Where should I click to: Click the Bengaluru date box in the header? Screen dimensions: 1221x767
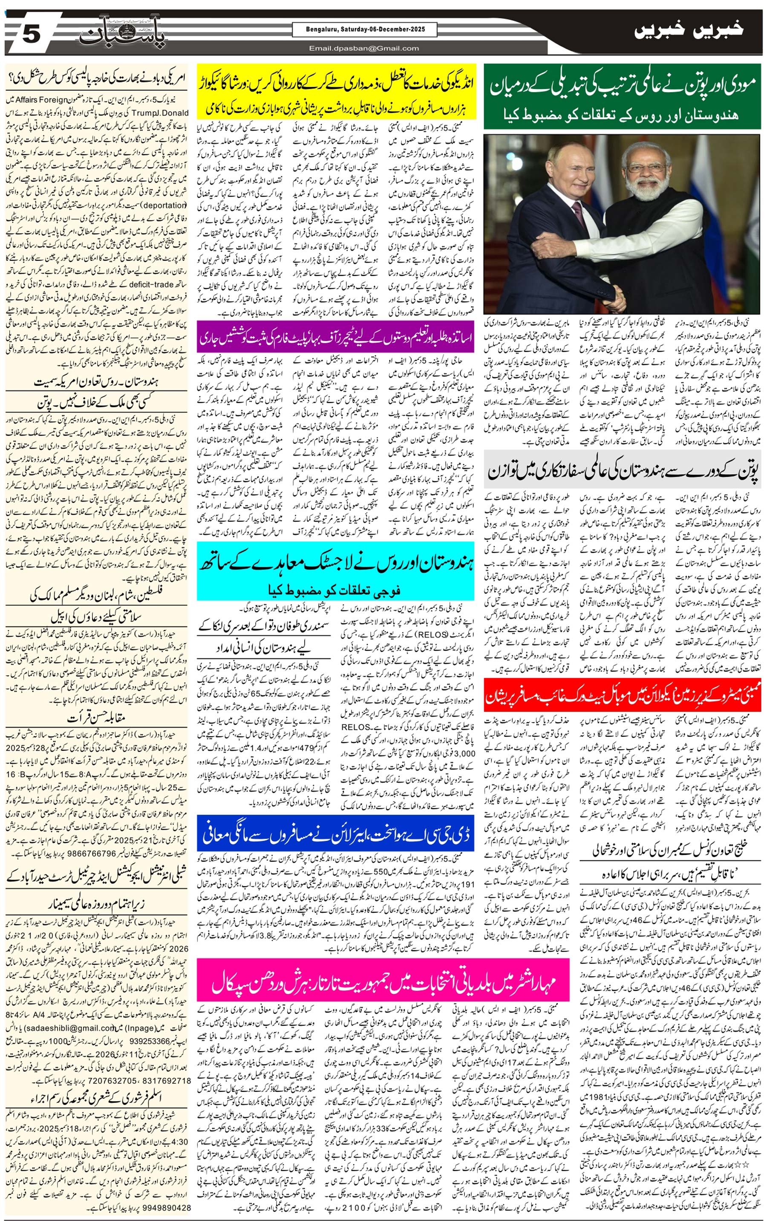[364, 30]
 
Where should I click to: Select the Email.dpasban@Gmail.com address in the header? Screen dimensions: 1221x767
[364, 48]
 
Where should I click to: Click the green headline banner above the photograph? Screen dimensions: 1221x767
[622, 96]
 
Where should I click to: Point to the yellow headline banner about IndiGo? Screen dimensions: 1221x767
[336, 91]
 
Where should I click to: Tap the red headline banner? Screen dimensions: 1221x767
[622, 694]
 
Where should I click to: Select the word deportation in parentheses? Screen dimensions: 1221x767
[158, 205]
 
